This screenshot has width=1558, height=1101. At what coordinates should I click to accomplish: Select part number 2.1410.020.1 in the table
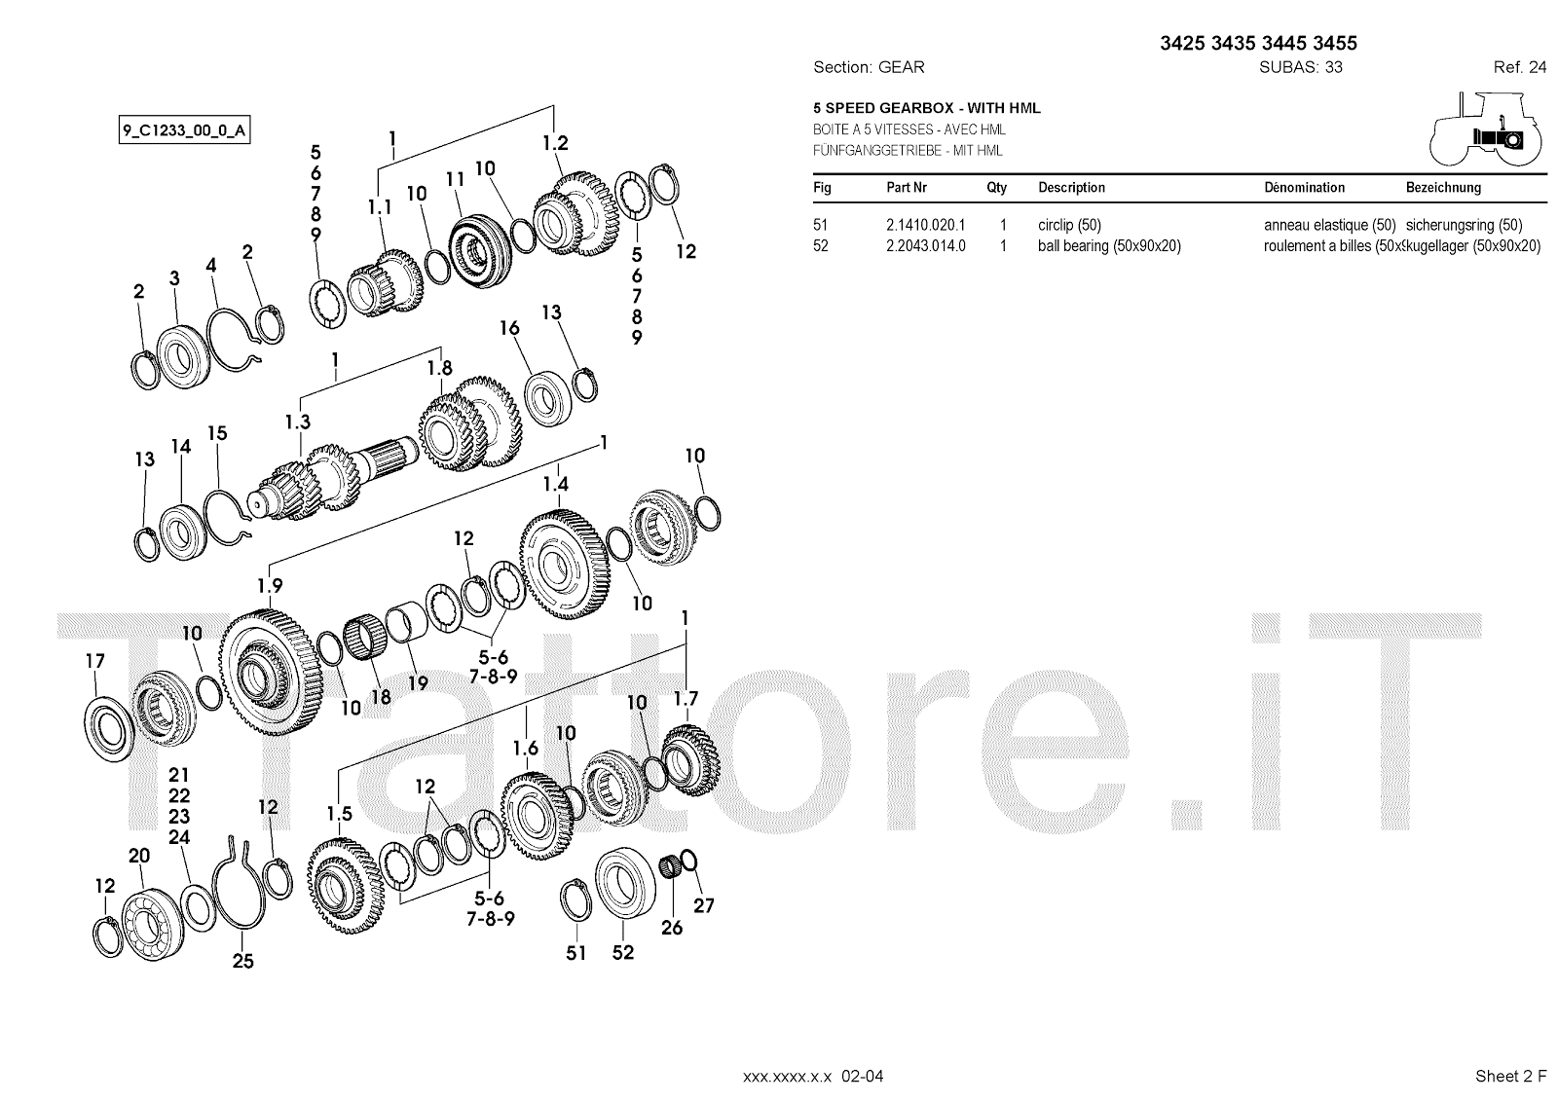pos(925,225)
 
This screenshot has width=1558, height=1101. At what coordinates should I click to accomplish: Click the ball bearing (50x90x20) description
pos(1109,246)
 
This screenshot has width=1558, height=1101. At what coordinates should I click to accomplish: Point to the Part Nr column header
pos(907,188)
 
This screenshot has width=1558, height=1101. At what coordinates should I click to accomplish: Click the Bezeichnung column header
pos(1443,188)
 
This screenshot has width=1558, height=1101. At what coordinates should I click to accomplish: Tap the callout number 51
pos(576,952)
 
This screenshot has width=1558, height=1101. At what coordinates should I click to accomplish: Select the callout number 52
pos(622,952)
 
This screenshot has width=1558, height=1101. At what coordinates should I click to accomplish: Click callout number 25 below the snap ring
pos(242,961)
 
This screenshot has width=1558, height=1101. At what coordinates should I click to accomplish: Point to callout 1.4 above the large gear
pos(555,484)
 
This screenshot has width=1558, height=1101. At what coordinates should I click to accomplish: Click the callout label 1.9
pos(270,585)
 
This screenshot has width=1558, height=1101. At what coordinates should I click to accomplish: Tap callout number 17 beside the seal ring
pos(94,661)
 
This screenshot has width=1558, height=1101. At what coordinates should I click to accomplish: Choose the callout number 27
pos(704,905)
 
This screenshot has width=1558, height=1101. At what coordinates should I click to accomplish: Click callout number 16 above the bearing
pos(509,328)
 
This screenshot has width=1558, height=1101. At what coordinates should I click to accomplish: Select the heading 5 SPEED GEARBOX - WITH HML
pos(927,108)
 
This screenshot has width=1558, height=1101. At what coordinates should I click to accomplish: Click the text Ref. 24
pos(1519,67)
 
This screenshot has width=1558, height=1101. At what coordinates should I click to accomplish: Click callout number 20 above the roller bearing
pos(139,856)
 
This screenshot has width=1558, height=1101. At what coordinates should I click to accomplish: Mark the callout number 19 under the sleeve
pos(418,683)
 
